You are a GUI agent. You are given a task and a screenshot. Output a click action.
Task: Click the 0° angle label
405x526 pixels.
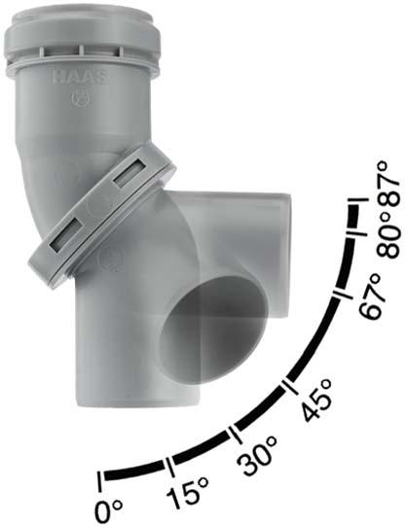108,511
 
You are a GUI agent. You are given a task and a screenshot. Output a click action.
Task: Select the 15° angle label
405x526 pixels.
187,491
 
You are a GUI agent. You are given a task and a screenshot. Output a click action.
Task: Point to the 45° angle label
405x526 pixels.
317,399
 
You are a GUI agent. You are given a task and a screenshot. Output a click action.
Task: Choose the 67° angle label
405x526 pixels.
370,296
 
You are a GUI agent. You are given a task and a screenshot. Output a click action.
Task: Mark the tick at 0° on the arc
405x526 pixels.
99,482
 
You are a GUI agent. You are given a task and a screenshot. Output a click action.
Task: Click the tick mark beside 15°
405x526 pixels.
170,467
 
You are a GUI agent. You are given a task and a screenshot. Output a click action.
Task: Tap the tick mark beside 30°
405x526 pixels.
235,437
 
